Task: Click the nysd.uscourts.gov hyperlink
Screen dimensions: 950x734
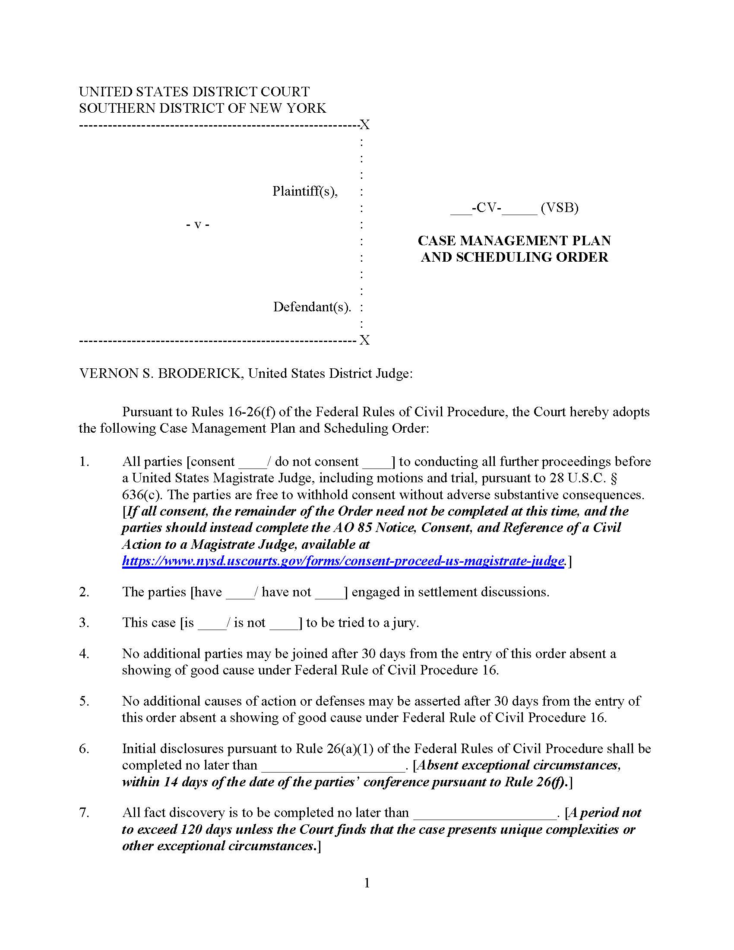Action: click(x=343, y=560)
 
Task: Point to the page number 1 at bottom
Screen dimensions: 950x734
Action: click(x=367, y=883)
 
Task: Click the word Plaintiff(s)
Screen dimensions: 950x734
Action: click(x=305, y=191)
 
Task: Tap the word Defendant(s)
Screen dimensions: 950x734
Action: click(x=312, y=307)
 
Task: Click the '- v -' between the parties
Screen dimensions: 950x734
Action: click(x=197, y=225)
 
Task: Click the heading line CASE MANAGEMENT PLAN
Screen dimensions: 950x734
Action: click(x=514, y=241)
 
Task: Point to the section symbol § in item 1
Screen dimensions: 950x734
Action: click(x=614, y=478)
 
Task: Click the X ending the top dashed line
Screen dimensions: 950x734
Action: click(x=364, y=125)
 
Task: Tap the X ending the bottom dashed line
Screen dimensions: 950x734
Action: click(x=364, y=340)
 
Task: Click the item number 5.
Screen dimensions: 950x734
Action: click(x=84, y=701)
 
